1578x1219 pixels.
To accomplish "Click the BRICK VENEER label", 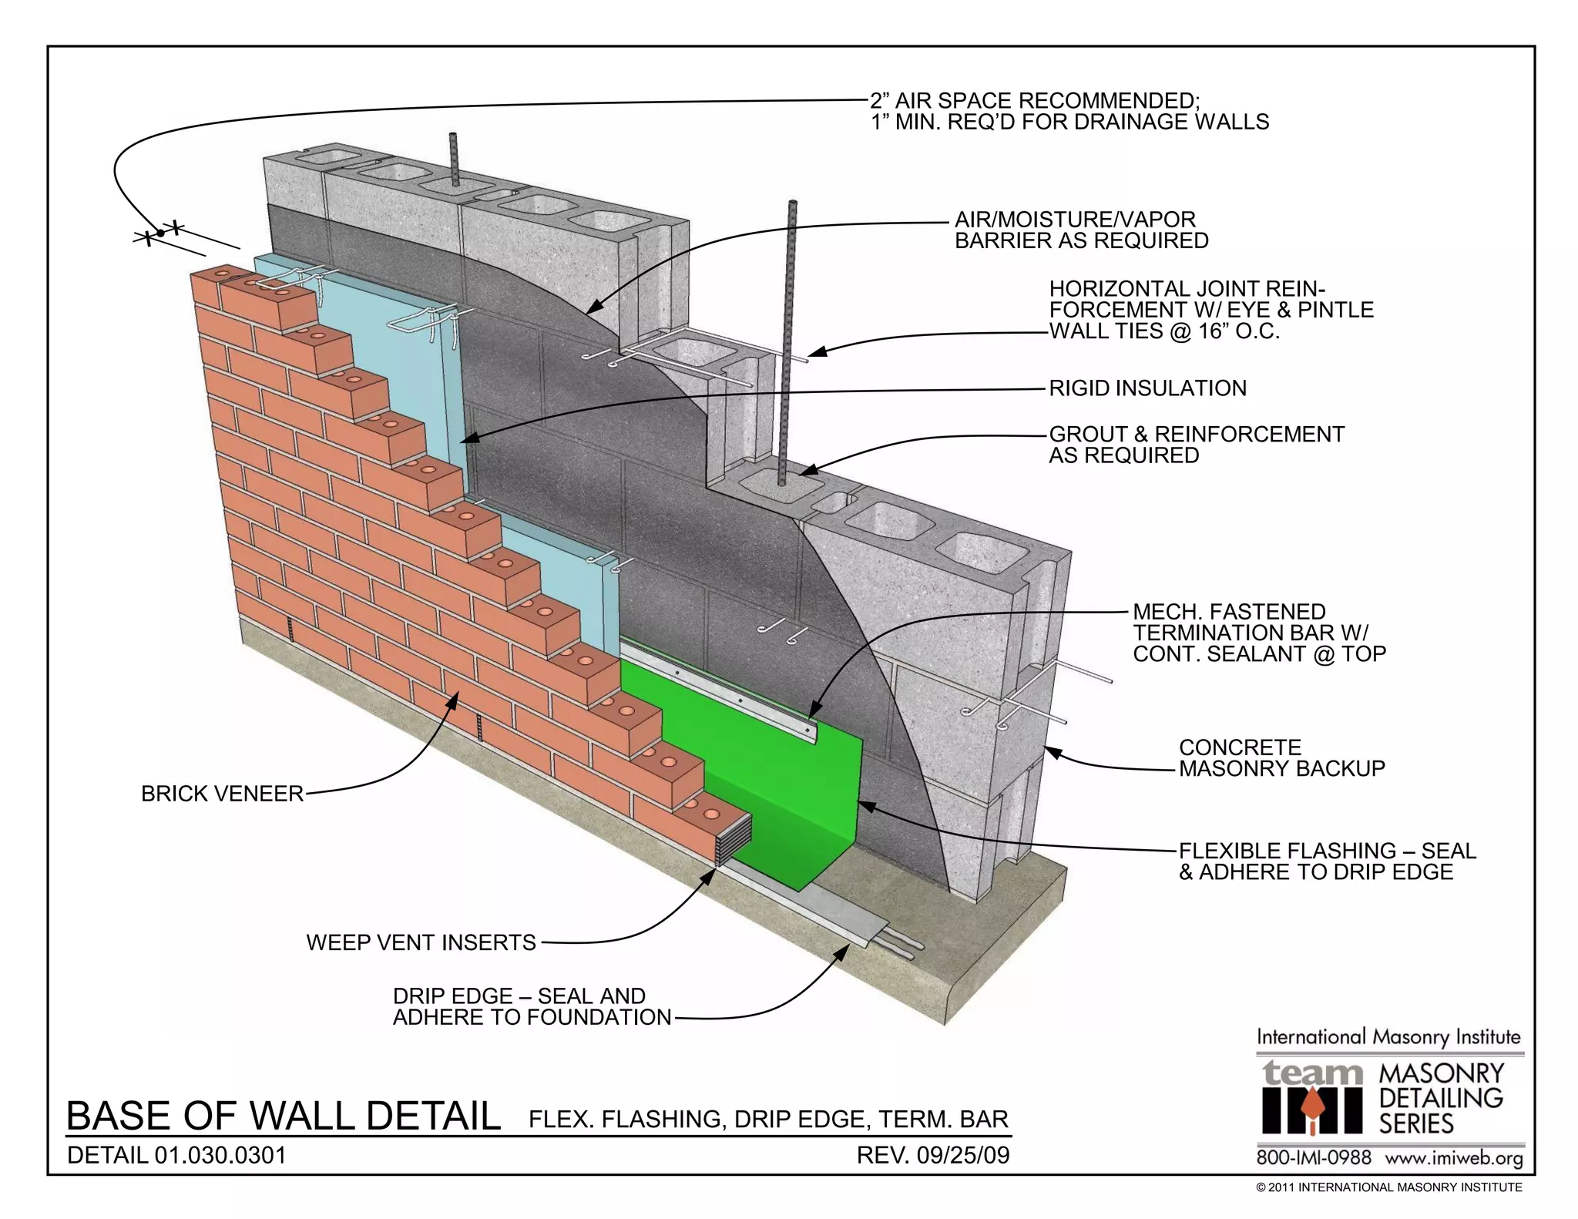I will coord(222,794).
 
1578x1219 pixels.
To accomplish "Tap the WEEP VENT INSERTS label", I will coord(421,942).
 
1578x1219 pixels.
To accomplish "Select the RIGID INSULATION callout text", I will coord(1147,388).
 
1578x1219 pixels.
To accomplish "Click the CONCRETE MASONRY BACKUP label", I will coord(1281,757).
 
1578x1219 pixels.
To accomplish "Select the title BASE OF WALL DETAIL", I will coord(284,1116).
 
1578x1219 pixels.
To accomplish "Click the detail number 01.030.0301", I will coord(220,1155).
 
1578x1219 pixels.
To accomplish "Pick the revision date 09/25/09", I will coord(963,1155).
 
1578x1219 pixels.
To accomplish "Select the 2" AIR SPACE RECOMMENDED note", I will coord(1069,111).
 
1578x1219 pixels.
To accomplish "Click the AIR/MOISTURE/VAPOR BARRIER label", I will coord(1081,230).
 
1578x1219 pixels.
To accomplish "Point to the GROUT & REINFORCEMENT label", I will coord(1196,445).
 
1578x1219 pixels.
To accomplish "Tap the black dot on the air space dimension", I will coord(160,233).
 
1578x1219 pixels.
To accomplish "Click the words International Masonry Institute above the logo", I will coord(1388,1037).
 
